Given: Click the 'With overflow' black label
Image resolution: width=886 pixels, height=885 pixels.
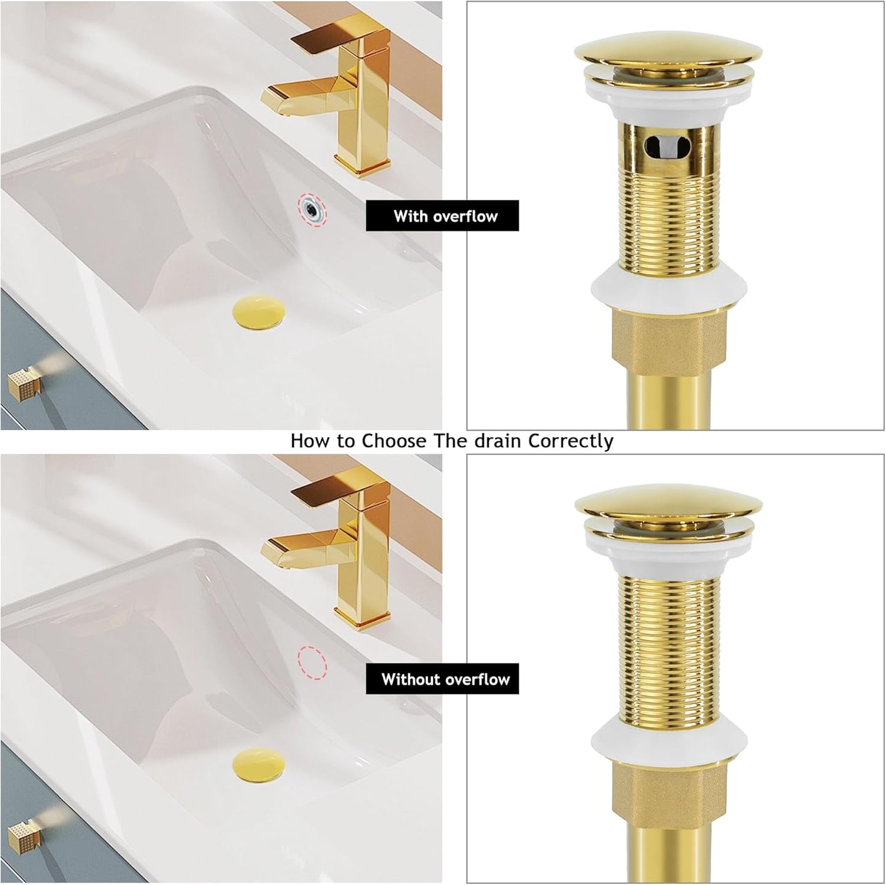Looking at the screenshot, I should pyautogui.click(x=442, y=216).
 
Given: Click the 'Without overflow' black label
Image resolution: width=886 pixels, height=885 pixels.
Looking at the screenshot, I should pyautogui.click(x=442, y=679).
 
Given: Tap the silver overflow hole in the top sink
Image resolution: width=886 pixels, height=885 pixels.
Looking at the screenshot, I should pyautogui.click(x=313, y=208).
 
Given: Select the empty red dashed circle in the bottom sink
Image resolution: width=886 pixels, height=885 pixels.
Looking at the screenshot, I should pyautogui.click(x=313, y=662).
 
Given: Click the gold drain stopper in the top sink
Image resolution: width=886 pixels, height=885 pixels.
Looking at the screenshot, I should pyautogui.click(x=258, y=310).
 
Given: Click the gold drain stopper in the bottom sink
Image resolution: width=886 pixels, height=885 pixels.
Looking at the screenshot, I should pyautogui.click(x=258, y=764).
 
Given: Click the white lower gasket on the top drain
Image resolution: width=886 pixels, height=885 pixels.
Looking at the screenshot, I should pyautogui.click(x=668, y=285).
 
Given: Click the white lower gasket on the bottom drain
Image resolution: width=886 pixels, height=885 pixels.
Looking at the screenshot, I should pyautogui.click(x=668, y=738).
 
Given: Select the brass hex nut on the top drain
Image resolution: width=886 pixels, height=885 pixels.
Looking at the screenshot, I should pyautogui.click(x=668, y=337).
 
